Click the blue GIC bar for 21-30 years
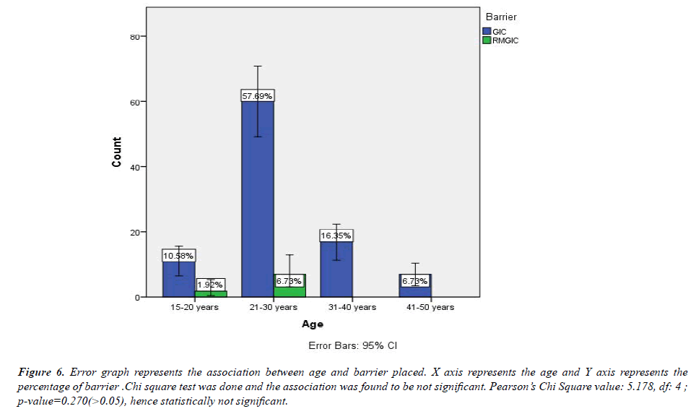pos(258,199)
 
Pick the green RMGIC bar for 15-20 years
pos(211,293)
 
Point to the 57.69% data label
pos(258,95)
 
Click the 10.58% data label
pos(179,255)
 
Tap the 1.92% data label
pos(211,285)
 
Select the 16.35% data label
pos(336,236)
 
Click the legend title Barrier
pos(501,17)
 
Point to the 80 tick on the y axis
pos(134,36)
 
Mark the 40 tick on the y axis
pos(134,167)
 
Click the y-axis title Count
pos(117,152)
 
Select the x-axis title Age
pos(313,324)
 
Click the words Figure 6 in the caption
pos(42,373)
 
